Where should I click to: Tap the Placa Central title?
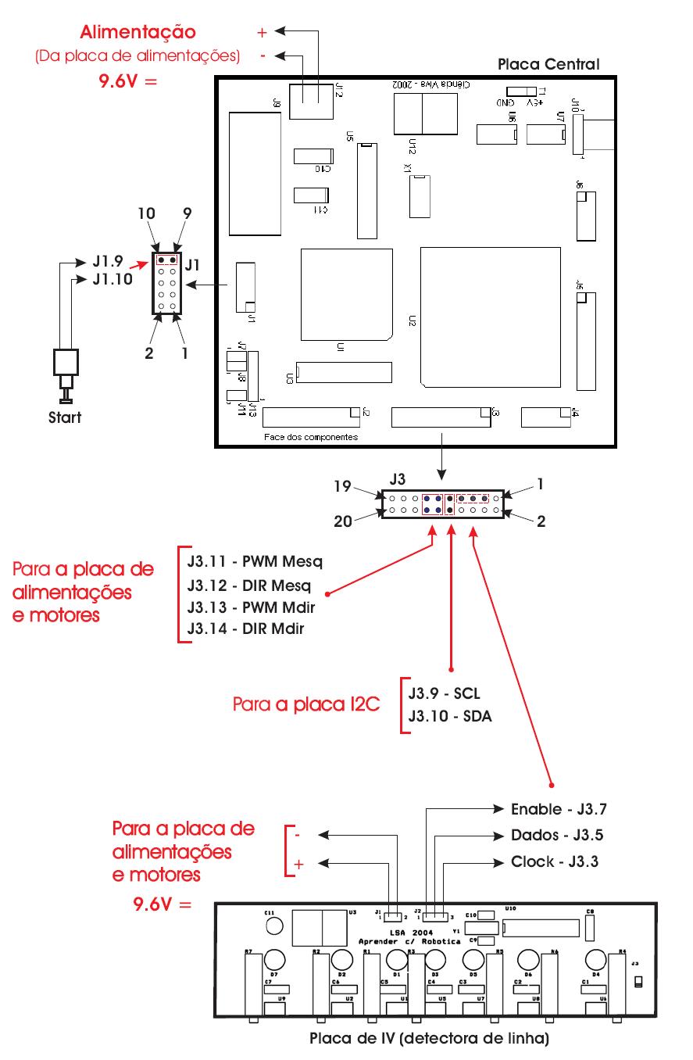(x=548, y=64)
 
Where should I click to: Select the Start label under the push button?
(x=65, y=417)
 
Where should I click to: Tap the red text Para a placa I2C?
(x=306, y=704)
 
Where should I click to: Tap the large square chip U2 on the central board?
(x=490, y=317)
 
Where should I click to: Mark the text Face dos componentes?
(x=311, y=437)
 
